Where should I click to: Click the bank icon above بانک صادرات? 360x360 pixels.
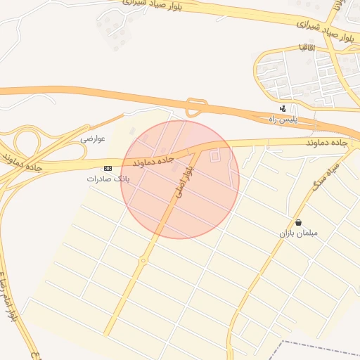coord(108,169)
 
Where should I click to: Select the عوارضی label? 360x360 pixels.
coord(93,139)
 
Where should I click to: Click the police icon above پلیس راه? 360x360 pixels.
coord(283,109)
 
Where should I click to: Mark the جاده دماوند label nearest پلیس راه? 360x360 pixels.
coord(328,142)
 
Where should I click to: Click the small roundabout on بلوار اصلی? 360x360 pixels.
coord(143,261)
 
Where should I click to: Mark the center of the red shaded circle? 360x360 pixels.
coord(180,179)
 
